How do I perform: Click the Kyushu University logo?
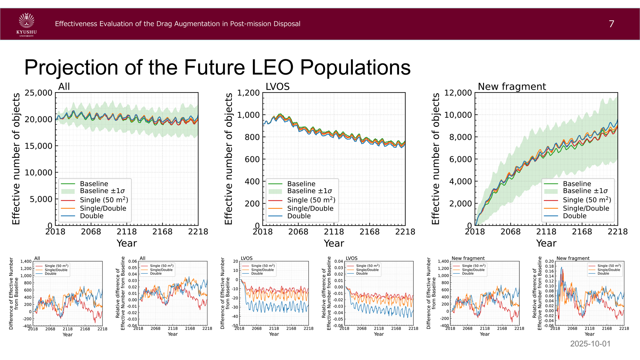27,24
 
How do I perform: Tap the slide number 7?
611,24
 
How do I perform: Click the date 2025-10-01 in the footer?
590,344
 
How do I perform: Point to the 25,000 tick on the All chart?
38,93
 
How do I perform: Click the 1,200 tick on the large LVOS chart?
248,93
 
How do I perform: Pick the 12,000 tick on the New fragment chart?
458,93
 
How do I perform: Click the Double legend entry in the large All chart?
92,216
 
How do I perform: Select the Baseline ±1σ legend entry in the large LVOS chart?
309,191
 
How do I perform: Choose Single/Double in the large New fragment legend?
586,208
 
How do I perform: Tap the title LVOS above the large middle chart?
277,87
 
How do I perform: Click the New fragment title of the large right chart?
512,87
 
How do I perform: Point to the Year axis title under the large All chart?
127,243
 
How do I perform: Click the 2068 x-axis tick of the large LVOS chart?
298,232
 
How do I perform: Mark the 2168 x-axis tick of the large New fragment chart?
582,232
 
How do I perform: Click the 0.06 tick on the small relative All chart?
132,261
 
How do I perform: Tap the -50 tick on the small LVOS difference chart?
234,326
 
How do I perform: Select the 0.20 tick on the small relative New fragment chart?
549,261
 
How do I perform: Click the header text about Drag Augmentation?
177,24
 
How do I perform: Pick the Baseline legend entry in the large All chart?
94,184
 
